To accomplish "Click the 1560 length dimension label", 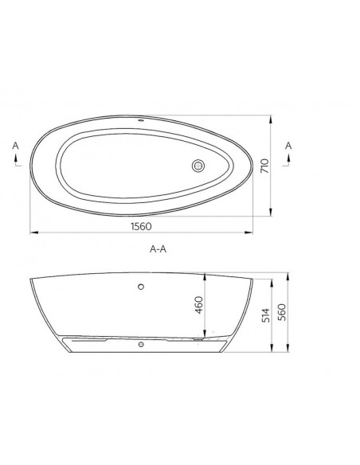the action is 141,226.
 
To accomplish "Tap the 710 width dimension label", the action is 264,166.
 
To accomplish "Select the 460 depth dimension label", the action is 199,305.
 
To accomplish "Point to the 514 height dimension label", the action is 266,315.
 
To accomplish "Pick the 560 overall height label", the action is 282,312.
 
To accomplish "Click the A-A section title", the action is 158,249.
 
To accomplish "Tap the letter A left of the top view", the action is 15,146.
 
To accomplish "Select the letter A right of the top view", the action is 288,146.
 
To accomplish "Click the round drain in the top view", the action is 198,166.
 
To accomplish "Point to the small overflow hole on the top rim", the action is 141,121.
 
